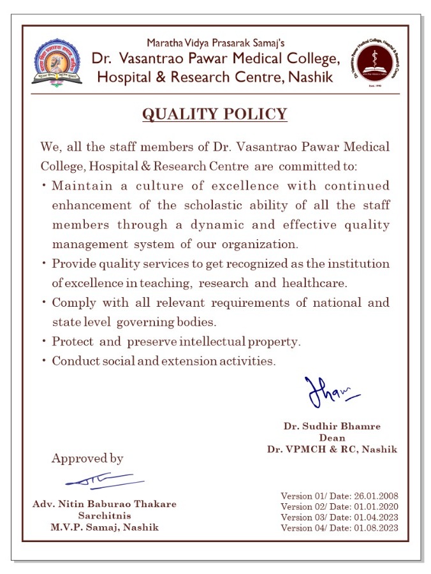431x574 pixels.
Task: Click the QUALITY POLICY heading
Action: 215,115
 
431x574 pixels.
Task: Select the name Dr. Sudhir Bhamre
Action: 332,425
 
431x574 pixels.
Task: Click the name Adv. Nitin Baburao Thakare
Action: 105,504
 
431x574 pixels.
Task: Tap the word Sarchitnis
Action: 105,515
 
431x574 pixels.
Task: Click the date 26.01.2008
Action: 376,496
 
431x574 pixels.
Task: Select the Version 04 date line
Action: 339,527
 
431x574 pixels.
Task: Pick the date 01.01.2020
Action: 376,506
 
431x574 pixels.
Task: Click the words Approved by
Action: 87,459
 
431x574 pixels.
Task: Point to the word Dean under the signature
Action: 332,438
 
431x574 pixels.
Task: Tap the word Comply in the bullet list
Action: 71,302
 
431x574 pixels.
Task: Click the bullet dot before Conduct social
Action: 43,361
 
